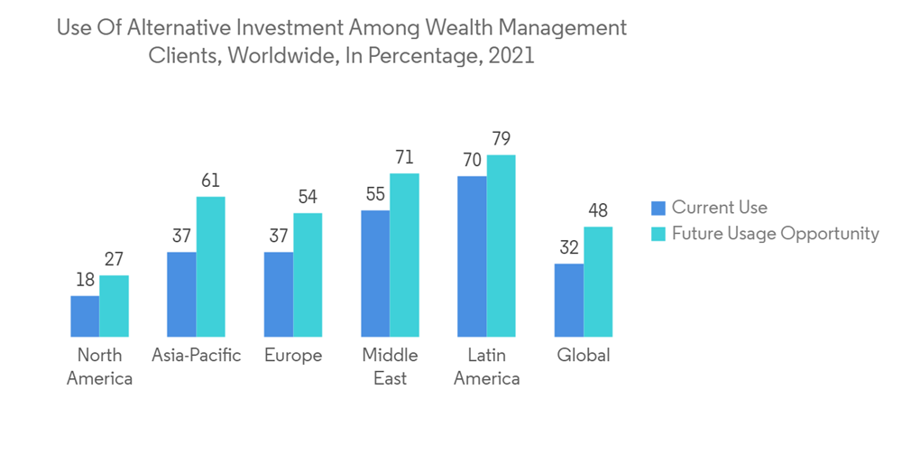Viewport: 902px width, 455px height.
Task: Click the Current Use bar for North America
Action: coord(85,316)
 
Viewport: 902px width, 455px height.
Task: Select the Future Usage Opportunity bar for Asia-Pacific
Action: coord(210,266)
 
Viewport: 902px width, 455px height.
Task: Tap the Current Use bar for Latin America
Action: coord(472,256)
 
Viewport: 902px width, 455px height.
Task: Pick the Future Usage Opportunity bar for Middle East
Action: coord(404,255)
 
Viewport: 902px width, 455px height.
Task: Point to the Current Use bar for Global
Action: coord(569,300)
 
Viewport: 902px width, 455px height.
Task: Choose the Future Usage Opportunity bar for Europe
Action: coord(308,274)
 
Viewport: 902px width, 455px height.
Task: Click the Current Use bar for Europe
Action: coord(279,294)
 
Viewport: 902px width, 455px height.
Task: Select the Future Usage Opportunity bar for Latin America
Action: coord(501,246)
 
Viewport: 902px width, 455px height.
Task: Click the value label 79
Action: coord(502,139)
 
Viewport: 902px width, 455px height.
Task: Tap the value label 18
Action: coord(85,280)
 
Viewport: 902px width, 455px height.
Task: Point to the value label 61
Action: coord(210,181)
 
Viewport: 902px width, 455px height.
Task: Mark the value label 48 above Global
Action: coord(598,211)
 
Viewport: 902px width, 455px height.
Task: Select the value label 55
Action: coord(375,194)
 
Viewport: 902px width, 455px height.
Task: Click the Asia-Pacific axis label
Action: coord(197,355)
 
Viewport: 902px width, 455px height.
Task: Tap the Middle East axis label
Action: coord(390,366)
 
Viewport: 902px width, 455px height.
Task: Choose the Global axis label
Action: coord(584,355)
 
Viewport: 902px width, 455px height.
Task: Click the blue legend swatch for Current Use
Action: coord(658,209)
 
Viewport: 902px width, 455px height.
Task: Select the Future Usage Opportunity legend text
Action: coord(775,234)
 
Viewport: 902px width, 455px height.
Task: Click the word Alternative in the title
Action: coord(179,27)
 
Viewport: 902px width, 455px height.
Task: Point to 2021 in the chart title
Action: coord(510,55)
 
